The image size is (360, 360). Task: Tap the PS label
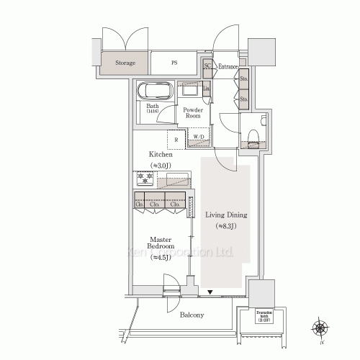tap(174, 63)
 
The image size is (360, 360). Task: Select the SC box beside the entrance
tap(207, 66)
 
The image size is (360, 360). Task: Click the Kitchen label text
tap(161, 155)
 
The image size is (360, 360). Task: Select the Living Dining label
tap(226, 215)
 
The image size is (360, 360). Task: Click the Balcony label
tap(192, 315)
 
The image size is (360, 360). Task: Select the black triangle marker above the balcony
tap(210, 292)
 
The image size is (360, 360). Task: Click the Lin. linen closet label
tap(207, 89)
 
